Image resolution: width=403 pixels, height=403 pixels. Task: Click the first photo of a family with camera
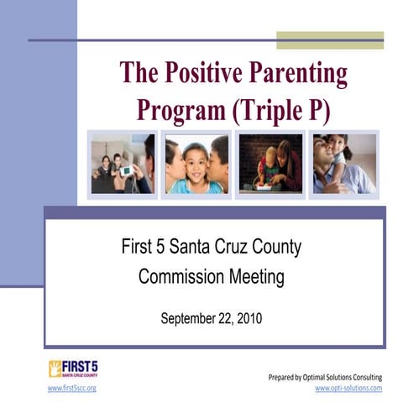point(122,164)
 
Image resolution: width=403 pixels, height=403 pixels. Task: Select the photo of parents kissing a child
point(196,164)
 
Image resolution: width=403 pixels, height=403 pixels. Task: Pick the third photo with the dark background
point(269,164)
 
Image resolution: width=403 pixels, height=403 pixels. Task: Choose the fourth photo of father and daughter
point(344,164)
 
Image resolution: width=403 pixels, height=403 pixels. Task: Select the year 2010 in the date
point(249,318)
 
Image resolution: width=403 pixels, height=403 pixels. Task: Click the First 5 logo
point(72,369)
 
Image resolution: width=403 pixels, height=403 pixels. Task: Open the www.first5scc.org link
point(71,389)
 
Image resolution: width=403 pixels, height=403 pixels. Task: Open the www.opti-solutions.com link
point(348,389)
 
